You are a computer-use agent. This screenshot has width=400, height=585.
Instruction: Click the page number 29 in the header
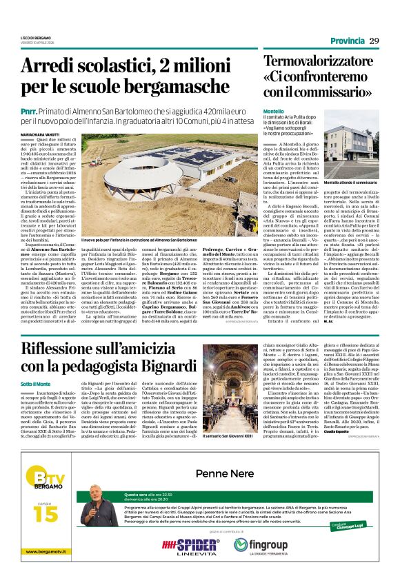click(374, 41)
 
